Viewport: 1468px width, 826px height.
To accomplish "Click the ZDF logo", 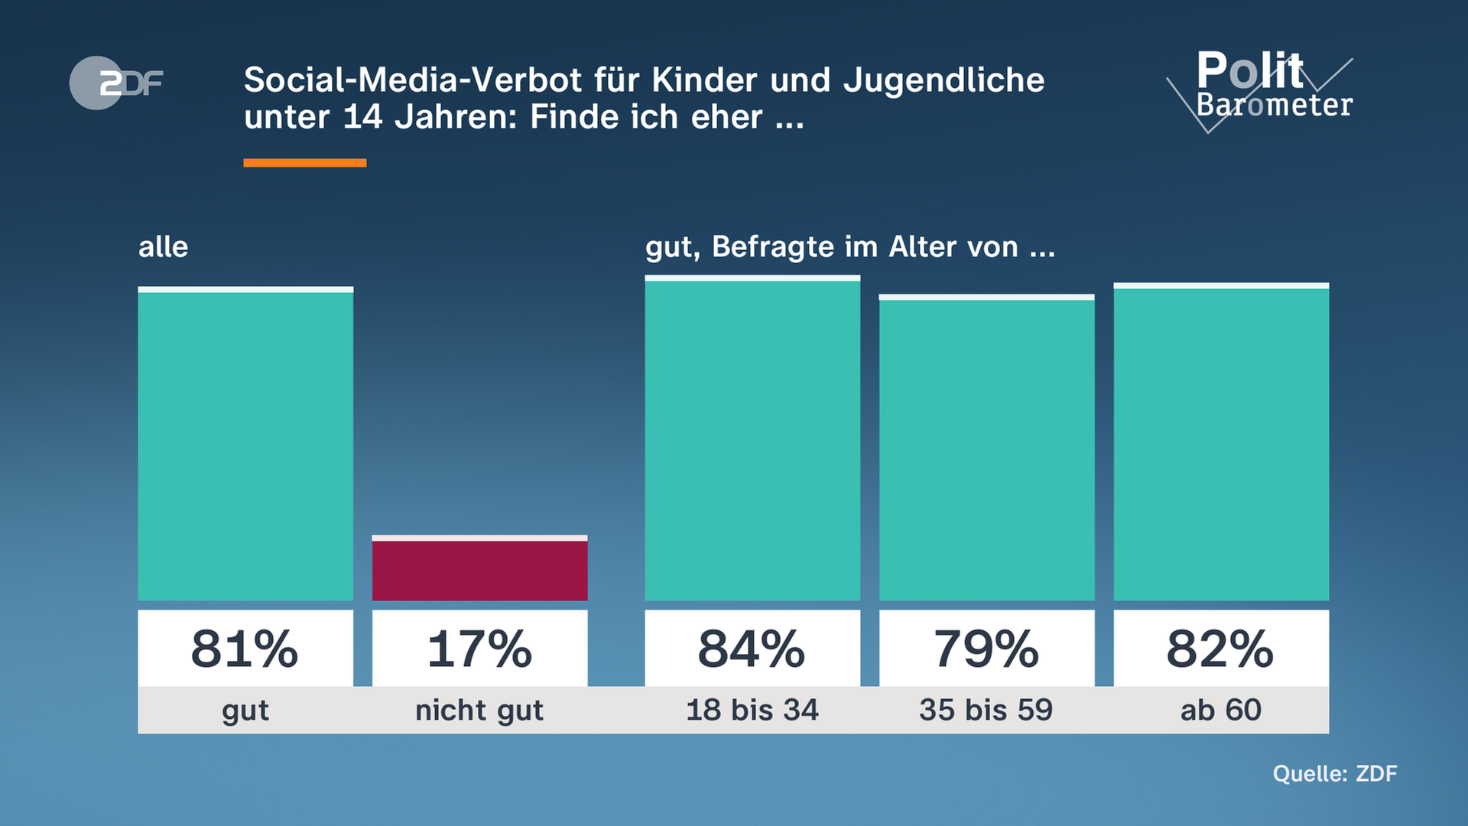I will point(116,83).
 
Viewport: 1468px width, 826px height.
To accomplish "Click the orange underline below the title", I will point(304,163).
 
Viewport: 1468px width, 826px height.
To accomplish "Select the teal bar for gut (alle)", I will point(245,445).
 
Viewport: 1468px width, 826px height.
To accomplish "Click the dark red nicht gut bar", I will point(479,569).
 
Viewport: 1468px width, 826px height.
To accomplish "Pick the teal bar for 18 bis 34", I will point(752,440).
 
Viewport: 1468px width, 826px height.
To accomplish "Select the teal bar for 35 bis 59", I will point(986,449).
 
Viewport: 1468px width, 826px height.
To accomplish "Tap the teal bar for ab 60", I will point(1221,444).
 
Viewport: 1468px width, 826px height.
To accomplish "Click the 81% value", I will point(245,649).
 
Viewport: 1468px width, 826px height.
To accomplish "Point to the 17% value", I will point(479,649).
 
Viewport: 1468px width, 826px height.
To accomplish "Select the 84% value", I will point(752,649).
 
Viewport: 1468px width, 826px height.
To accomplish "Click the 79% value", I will point(986,649).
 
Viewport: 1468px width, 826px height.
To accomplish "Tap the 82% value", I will point(1220,649).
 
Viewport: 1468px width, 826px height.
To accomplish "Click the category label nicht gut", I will point(479,711).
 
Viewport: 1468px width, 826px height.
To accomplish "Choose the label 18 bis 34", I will point(752,710).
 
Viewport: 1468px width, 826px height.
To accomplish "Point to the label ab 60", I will point(1220,710).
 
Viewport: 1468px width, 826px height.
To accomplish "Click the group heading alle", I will point(163,247).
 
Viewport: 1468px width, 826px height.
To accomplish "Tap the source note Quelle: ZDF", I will point(1334,773).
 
